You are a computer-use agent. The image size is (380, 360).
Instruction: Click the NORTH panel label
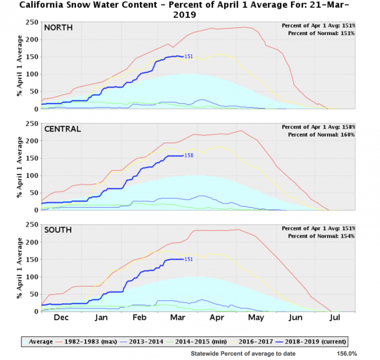click(58, 27)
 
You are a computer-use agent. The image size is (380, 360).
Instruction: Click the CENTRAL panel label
click(62, 129)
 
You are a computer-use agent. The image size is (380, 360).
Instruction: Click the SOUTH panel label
click(58, 230)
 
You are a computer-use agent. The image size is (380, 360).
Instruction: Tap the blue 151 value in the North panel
click(188, 56)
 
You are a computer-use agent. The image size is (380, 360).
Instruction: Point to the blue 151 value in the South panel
click(188, 259)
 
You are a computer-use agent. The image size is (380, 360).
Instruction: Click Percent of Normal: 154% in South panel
click(318, 236)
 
